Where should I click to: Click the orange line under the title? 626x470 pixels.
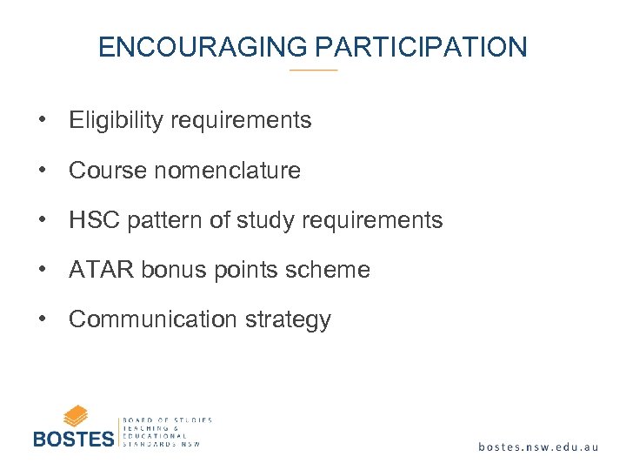pyautogui.click(x=313, y=70)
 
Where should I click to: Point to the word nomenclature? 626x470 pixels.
pyautogui.click(x=227, y=171)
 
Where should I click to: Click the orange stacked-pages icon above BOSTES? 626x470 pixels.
pyautogui.click(x=76, y=415)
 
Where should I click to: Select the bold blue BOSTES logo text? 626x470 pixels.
pyautogui.click(x=74, y=438)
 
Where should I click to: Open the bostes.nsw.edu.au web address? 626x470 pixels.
pyautogui.click(x=538, y=446)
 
